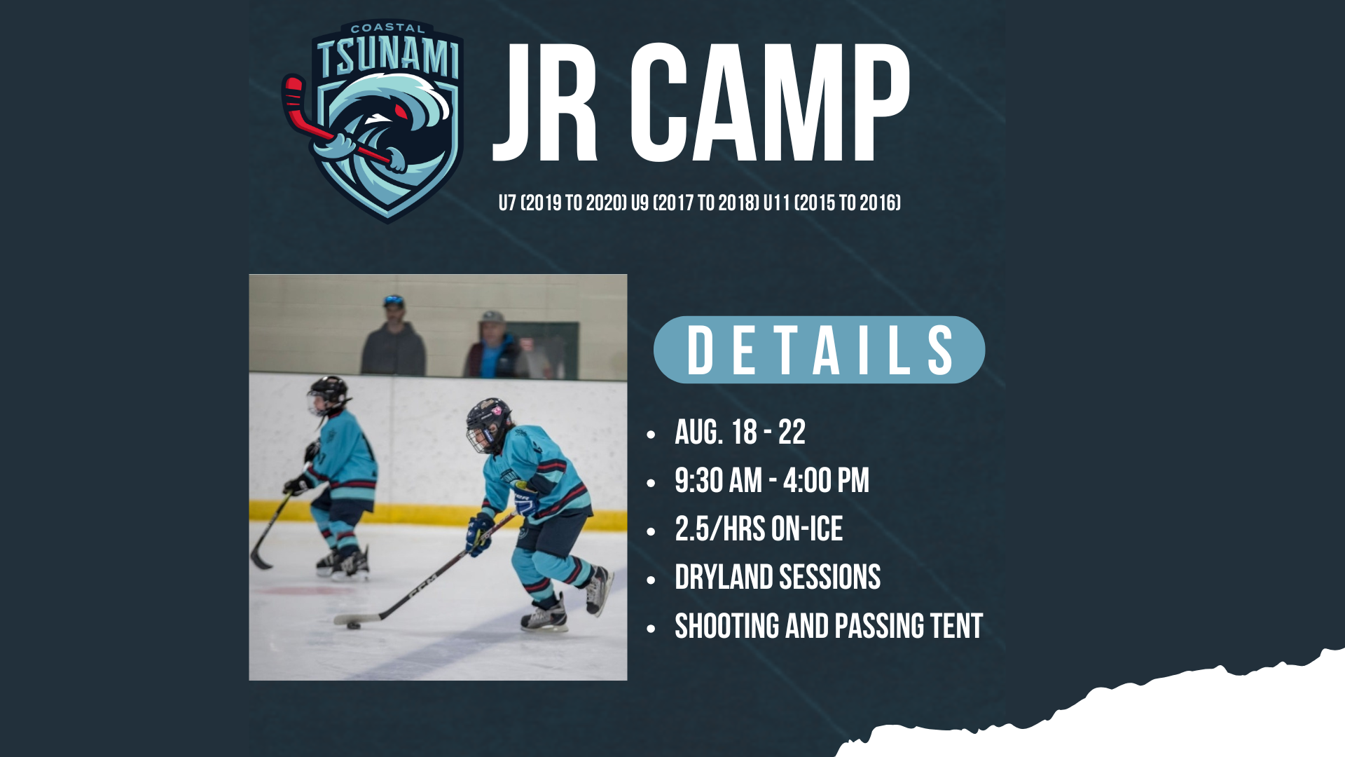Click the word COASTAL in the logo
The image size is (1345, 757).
point(387,29)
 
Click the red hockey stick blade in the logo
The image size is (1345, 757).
point(293,95)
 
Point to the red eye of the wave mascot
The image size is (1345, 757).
point(400,111)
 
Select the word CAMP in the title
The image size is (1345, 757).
point(770,102)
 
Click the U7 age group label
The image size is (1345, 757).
point(507,203)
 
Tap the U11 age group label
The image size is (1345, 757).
point(776,203)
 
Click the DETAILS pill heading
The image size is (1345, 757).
point(819,350)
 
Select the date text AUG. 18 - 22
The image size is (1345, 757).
point(740,432)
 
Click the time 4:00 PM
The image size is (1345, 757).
point(826,481)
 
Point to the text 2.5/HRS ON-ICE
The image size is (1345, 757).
point(759,529)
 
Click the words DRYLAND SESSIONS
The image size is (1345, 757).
point(778,578)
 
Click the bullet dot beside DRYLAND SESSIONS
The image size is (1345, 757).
point(651,580)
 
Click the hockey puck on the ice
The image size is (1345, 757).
point(354,625)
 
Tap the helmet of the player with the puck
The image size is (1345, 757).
point(488,421)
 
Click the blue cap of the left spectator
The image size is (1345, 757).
point(394,301)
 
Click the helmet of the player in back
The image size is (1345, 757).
point(328,393)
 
